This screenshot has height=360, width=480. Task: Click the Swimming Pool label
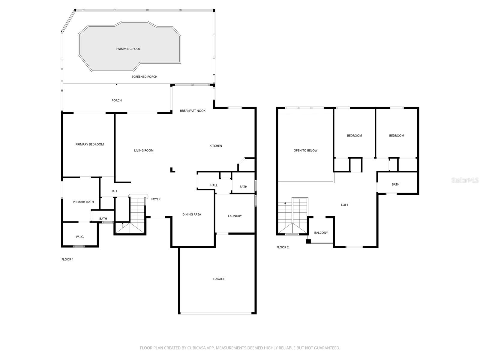pos(128,49)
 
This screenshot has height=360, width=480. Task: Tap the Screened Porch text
pos(144,77)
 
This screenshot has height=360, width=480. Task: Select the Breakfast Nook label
pos(193,111)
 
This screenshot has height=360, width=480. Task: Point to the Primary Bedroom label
pos(89,144)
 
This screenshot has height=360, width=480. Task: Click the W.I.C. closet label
pos(80,237)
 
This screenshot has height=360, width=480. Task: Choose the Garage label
pos(219,279)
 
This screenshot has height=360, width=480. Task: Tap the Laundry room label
pos(235,216)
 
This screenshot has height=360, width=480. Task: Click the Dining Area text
pos(192,214)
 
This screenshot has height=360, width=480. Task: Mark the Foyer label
pos(156,199)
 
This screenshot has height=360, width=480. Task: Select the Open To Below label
pos(305,151)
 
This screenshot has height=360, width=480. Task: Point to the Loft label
pos(345,205)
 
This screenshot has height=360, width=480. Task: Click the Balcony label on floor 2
pos(321,233)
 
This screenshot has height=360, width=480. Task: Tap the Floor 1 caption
pos(67,259)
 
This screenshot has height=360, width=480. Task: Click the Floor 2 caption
pos(283,247)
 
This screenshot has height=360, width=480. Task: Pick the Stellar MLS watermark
pos(465,180)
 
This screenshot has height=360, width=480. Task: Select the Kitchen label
pos(216,146)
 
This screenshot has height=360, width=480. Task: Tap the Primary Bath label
pos(83,202)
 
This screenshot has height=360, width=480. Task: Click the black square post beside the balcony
pos(308,241)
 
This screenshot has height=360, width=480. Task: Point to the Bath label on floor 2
pos(395,184)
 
